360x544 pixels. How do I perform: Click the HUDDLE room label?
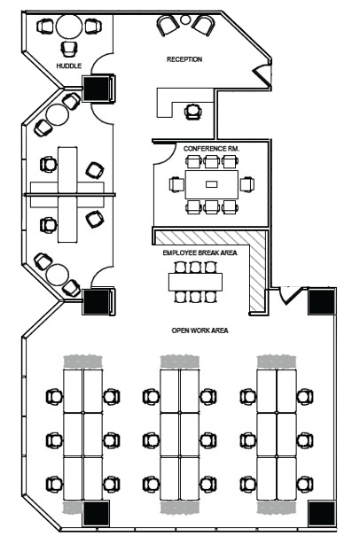click(69, 66)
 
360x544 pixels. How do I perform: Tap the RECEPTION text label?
click(184, 59)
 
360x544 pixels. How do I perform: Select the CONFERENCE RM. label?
click(211, 149)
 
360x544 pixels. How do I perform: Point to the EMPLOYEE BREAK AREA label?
click(200, 253)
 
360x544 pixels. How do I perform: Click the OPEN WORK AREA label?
click(200, 330)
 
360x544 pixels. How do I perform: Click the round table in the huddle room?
click(69, 27)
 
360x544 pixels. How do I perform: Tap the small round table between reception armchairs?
click(185, 19)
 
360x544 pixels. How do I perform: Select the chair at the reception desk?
click(193, 112)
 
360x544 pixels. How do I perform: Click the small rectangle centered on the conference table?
click(211, 184)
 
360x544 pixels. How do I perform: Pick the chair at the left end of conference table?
click(176, 184)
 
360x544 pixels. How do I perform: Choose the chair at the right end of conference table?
click(247, 184)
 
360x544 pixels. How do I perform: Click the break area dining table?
click(195, 282)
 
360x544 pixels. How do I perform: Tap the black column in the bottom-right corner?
click(322, 514)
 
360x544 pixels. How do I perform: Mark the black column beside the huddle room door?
click(98, 88)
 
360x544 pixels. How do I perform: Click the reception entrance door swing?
click(262, 74)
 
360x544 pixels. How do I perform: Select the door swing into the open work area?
click(289, 295)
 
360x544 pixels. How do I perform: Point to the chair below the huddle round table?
click(69, 49)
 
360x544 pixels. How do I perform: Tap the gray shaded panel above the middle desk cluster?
click(179, 361)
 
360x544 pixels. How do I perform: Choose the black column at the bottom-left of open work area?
click(96, 514)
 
